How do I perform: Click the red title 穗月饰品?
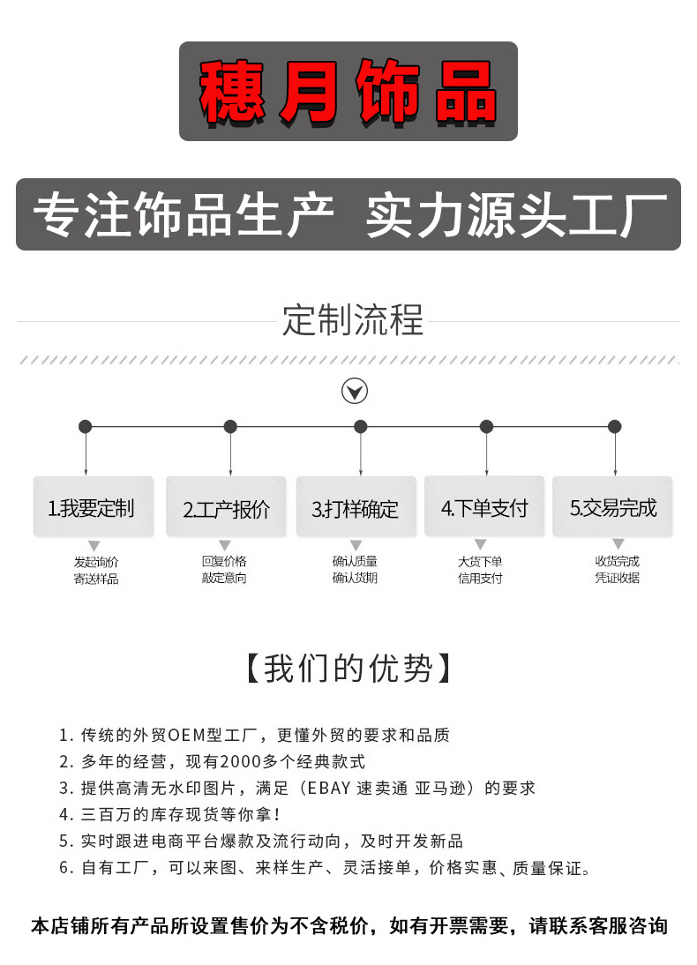pyautogui.click(x=348, y=92)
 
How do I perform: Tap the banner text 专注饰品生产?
pyautogui.click(x=184, y=215)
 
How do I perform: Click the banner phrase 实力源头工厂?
pyautogui.click(x=516, y=215)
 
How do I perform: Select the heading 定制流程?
pyautogui.click(x=353, y=319)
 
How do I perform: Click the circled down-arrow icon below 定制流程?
pyautogui.click(x=355, y=391)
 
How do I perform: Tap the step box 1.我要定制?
pyautogui.click(x=93, y=508)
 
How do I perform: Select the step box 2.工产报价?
pyautogui.click(x=226, y=509)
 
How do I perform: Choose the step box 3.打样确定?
pyautogui.click(x=355, y=509)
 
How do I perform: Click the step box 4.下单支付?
pyautogui.click(x=483, y=508)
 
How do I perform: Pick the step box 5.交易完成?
pyautogui.click(x=612, y=508)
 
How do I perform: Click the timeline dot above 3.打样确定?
pyautogui.click(x=360, y=427)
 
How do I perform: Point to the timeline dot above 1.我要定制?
pyautogui.click(x=85, y=427)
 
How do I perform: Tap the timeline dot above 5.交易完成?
pyautogui.click(x=615, y=427)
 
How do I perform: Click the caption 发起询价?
pyautogui.click(x=95, y=562)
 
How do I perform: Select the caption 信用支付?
pyautogui.click(x=480, y=579)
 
